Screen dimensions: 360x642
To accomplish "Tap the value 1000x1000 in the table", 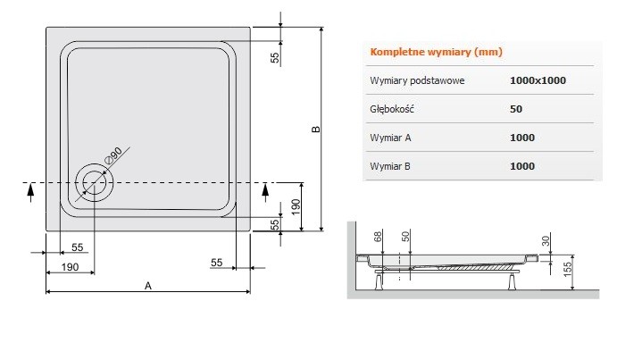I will pyautogui.click(x=538, y=80).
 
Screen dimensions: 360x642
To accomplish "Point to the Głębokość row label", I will pyautogui.click(x=393, y=109).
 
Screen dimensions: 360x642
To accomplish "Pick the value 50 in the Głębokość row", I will pyautogui.click(x=515, y=109).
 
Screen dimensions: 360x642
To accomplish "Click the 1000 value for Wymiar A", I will pyautogui.click(x=522, y=138).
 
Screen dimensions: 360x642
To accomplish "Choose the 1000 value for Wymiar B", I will pyautogui.click(x=522, y=166).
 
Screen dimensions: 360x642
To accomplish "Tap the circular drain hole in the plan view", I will pyautogui.click(x=94, y=182).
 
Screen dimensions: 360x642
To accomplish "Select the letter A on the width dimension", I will pyautogui.click(x=148, y=285).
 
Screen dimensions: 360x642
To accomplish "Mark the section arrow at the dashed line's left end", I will pyautogui.click(x=32, y=188).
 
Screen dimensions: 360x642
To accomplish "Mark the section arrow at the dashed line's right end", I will pyautogui.click(x=266, y=188).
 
